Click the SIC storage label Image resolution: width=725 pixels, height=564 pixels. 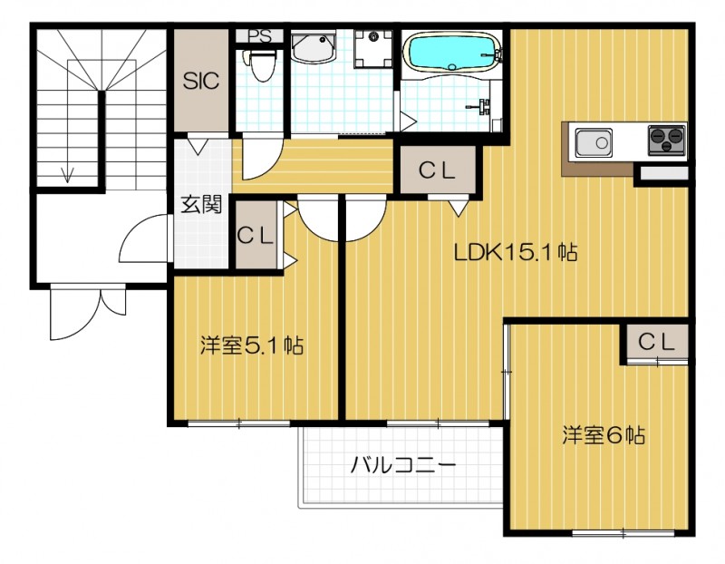[x=201, y=81]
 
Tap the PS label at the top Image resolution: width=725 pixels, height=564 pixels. [x=260, y=37]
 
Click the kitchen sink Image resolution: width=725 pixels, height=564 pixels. [x=594, y=142]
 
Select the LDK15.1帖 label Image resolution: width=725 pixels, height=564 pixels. [x=516, y=253]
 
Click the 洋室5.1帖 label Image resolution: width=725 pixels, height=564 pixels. [x=251, y=345]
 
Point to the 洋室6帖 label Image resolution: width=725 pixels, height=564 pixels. [x=603, y=435]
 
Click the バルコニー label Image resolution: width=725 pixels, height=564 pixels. [x=402, y=467]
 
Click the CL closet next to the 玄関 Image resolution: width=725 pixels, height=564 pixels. [x=256, y=234]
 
